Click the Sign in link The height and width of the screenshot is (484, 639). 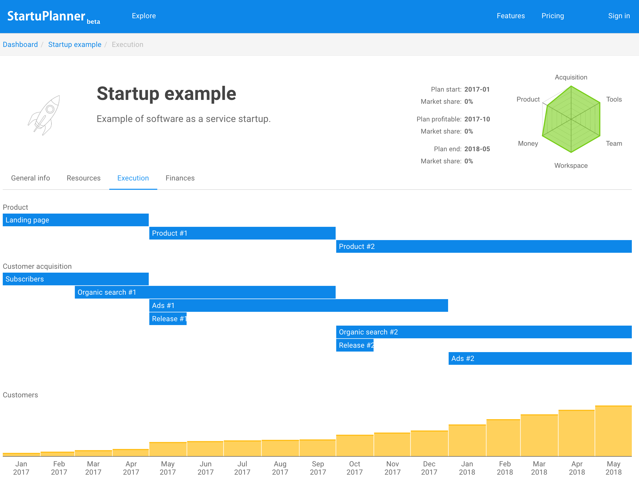pyautogui.click(x=619, y=16)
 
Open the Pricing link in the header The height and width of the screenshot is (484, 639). pyautogui.click(x=552, y=16)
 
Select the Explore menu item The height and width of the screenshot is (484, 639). pyautogui.click(x=143, y=16)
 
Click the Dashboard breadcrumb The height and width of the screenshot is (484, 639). pyautogui.click(x=20, y=44)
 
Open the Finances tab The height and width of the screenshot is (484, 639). pyautogui.click(x=180, y=178)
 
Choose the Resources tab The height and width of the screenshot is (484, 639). pyautogui.click(x=84, y=178)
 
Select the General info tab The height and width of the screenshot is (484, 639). pyautogui.click(x=30, y=178)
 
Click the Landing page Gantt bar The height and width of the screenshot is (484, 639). pyautogui.click(x=75, y=220)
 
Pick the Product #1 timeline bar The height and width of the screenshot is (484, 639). pyautogui.click(x=242, y=233)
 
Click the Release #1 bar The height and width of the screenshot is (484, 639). pyautogui.click(x=168, y=319)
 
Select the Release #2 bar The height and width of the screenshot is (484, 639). pyautogui.click(x=355, y=345)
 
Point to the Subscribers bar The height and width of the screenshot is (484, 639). pyautogui.click(x=75, y=279)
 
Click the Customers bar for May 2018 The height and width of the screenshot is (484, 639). pyautogui.click(x=613, y=431)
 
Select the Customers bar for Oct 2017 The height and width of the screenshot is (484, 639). pyautogui.click(x=355, y=446)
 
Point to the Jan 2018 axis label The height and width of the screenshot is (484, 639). pyautogui.click(x=467, y=468)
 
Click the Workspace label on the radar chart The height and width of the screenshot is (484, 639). pyautogui.click(x=571, y=166)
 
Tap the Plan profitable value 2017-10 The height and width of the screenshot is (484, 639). pyautogui.click(x=477, y=119)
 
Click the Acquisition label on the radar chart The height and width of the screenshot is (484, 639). pyautogui.click(x=571, y=77)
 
